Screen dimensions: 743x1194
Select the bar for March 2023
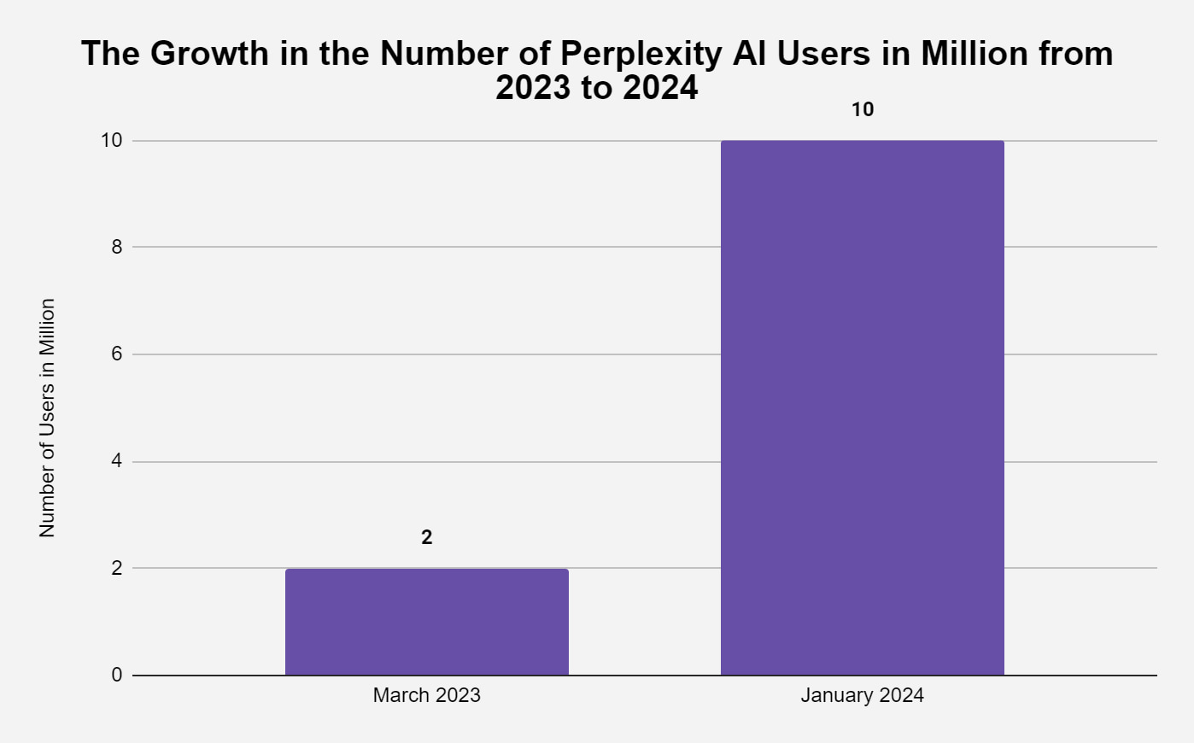(x=426, y=622)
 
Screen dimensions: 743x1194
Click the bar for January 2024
(x=862, y=408)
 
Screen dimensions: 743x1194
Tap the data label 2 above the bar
(x=427, y=537)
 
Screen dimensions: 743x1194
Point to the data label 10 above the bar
(x=863, y=109)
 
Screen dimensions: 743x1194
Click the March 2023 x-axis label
(x=426, y=695)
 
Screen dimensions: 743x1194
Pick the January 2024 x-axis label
(x=862, y=695)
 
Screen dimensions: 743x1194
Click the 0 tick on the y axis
(x=116, y=675)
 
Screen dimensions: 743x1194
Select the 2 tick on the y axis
(x=116, y=568)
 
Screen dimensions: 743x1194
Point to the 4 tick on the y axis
(x=116, y=461)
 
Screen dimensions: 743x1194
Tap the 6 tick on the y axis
(x=116, y=354)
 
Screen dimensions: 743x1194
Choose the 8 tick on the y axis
(x=116, y=247)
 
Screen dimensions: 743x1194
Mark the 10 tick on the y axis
(x=111, y=140)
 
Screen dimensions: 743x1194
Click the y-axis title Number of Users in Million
(x=47, y=418)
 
